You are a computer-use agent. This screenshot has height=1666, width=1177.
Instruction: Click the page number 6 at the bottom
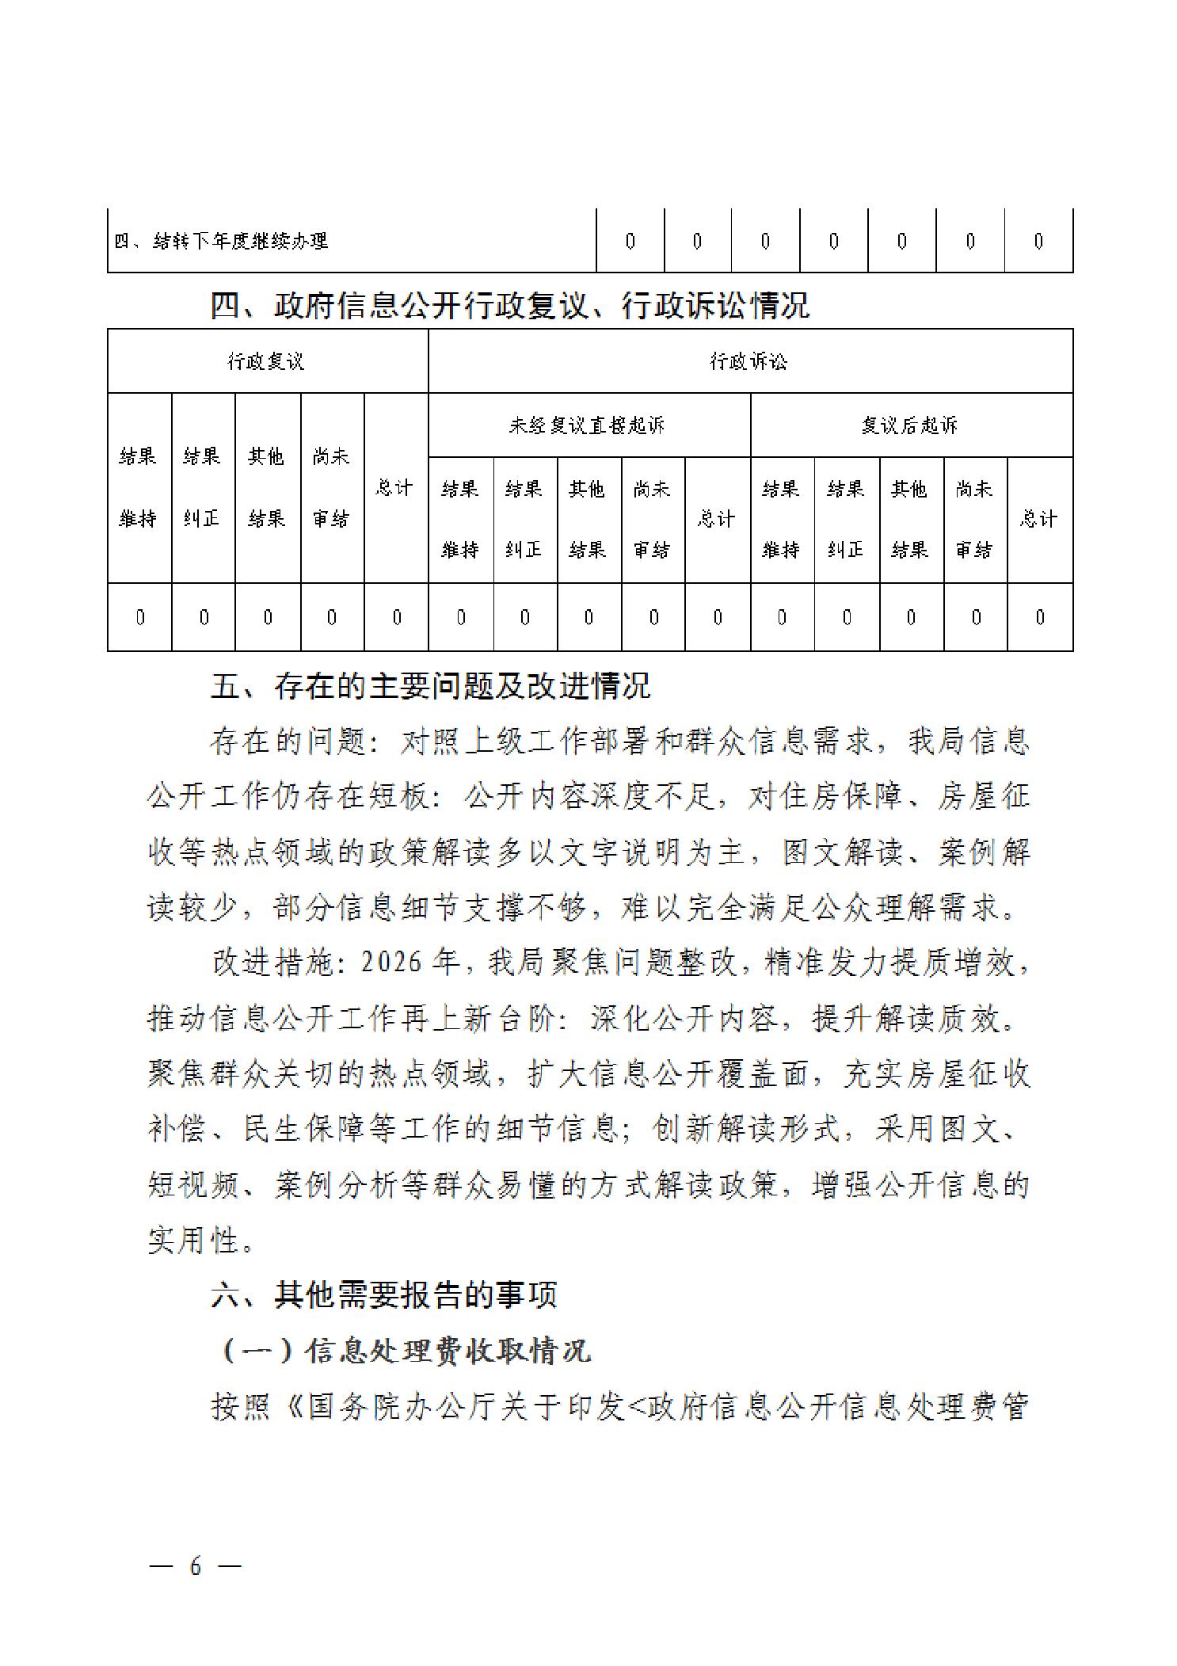(195, 1566)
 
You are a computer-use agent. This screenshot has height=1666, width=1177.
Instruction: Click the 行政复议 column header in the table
(266, 362)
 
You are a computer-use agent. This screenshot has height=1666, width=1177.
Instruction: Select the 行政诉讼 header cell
(748, 362)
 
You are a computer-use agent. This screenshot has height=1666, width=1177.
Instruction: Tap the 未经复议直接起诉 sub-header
(587, 426)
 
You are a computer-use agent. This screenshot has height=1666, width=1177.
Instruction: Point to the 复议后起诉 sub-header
(910, 426)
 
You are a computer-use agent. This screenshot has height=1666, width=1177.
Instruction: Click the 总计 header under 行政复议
(394, 488)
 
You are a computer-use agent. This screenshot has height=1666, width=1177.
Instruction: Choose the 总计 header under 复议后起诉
(1038, 519)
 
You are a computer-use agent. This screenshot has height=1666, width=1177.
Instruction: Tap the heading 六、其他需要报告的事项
(384, 1294)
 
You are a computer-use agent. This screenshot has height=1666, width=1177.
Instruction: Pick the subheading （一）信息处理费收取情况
(403, 1351)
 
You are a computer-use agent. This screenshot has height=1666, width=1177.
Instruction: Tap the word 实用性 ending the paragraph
(194, 1240)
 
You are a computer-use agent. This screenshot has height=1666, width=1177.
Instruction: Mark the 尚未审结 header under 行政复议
(331, 488)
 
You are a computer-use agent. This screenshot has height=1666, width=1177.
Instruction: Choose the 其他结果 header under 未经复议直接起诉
(588, 519)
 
